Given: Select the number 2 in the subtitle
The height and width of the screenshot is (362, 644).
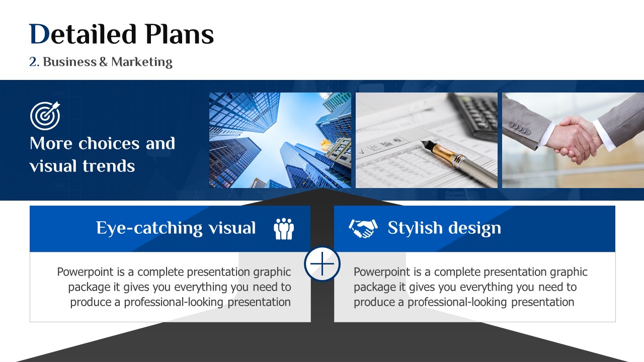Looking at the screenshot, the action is click(x=33, y=62).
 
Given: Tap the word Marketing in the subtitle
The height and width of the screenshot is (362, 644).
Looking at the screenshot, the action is click(x=142, y=62).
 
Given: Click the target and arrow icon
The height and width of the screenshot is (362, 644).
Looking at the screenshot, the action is click(x=45, y=116).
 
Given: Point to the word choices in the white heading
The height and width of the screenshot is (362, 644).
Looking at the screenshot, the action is click(x=109, y=143).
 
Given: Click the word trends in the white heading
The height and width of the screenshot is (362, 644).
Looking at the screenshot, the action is click(x=109, y=166).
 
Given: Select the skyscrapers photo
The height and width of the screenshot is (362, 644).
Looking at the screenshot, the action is click(x=280, y=140).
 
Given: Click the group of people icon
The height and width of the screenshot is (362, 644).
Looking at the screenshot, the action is click(x=284, y=229).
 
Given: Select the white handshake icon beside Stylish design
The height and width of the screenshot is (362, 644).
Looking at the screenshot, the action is click(x=363, y=229).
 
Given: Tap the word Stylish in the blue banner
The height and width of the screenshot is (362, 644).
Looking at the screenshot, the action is click(x=415, y=228).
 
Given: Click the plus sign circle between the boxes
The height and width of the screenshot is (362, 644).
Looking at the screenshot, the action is click(x=323, y=264).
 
